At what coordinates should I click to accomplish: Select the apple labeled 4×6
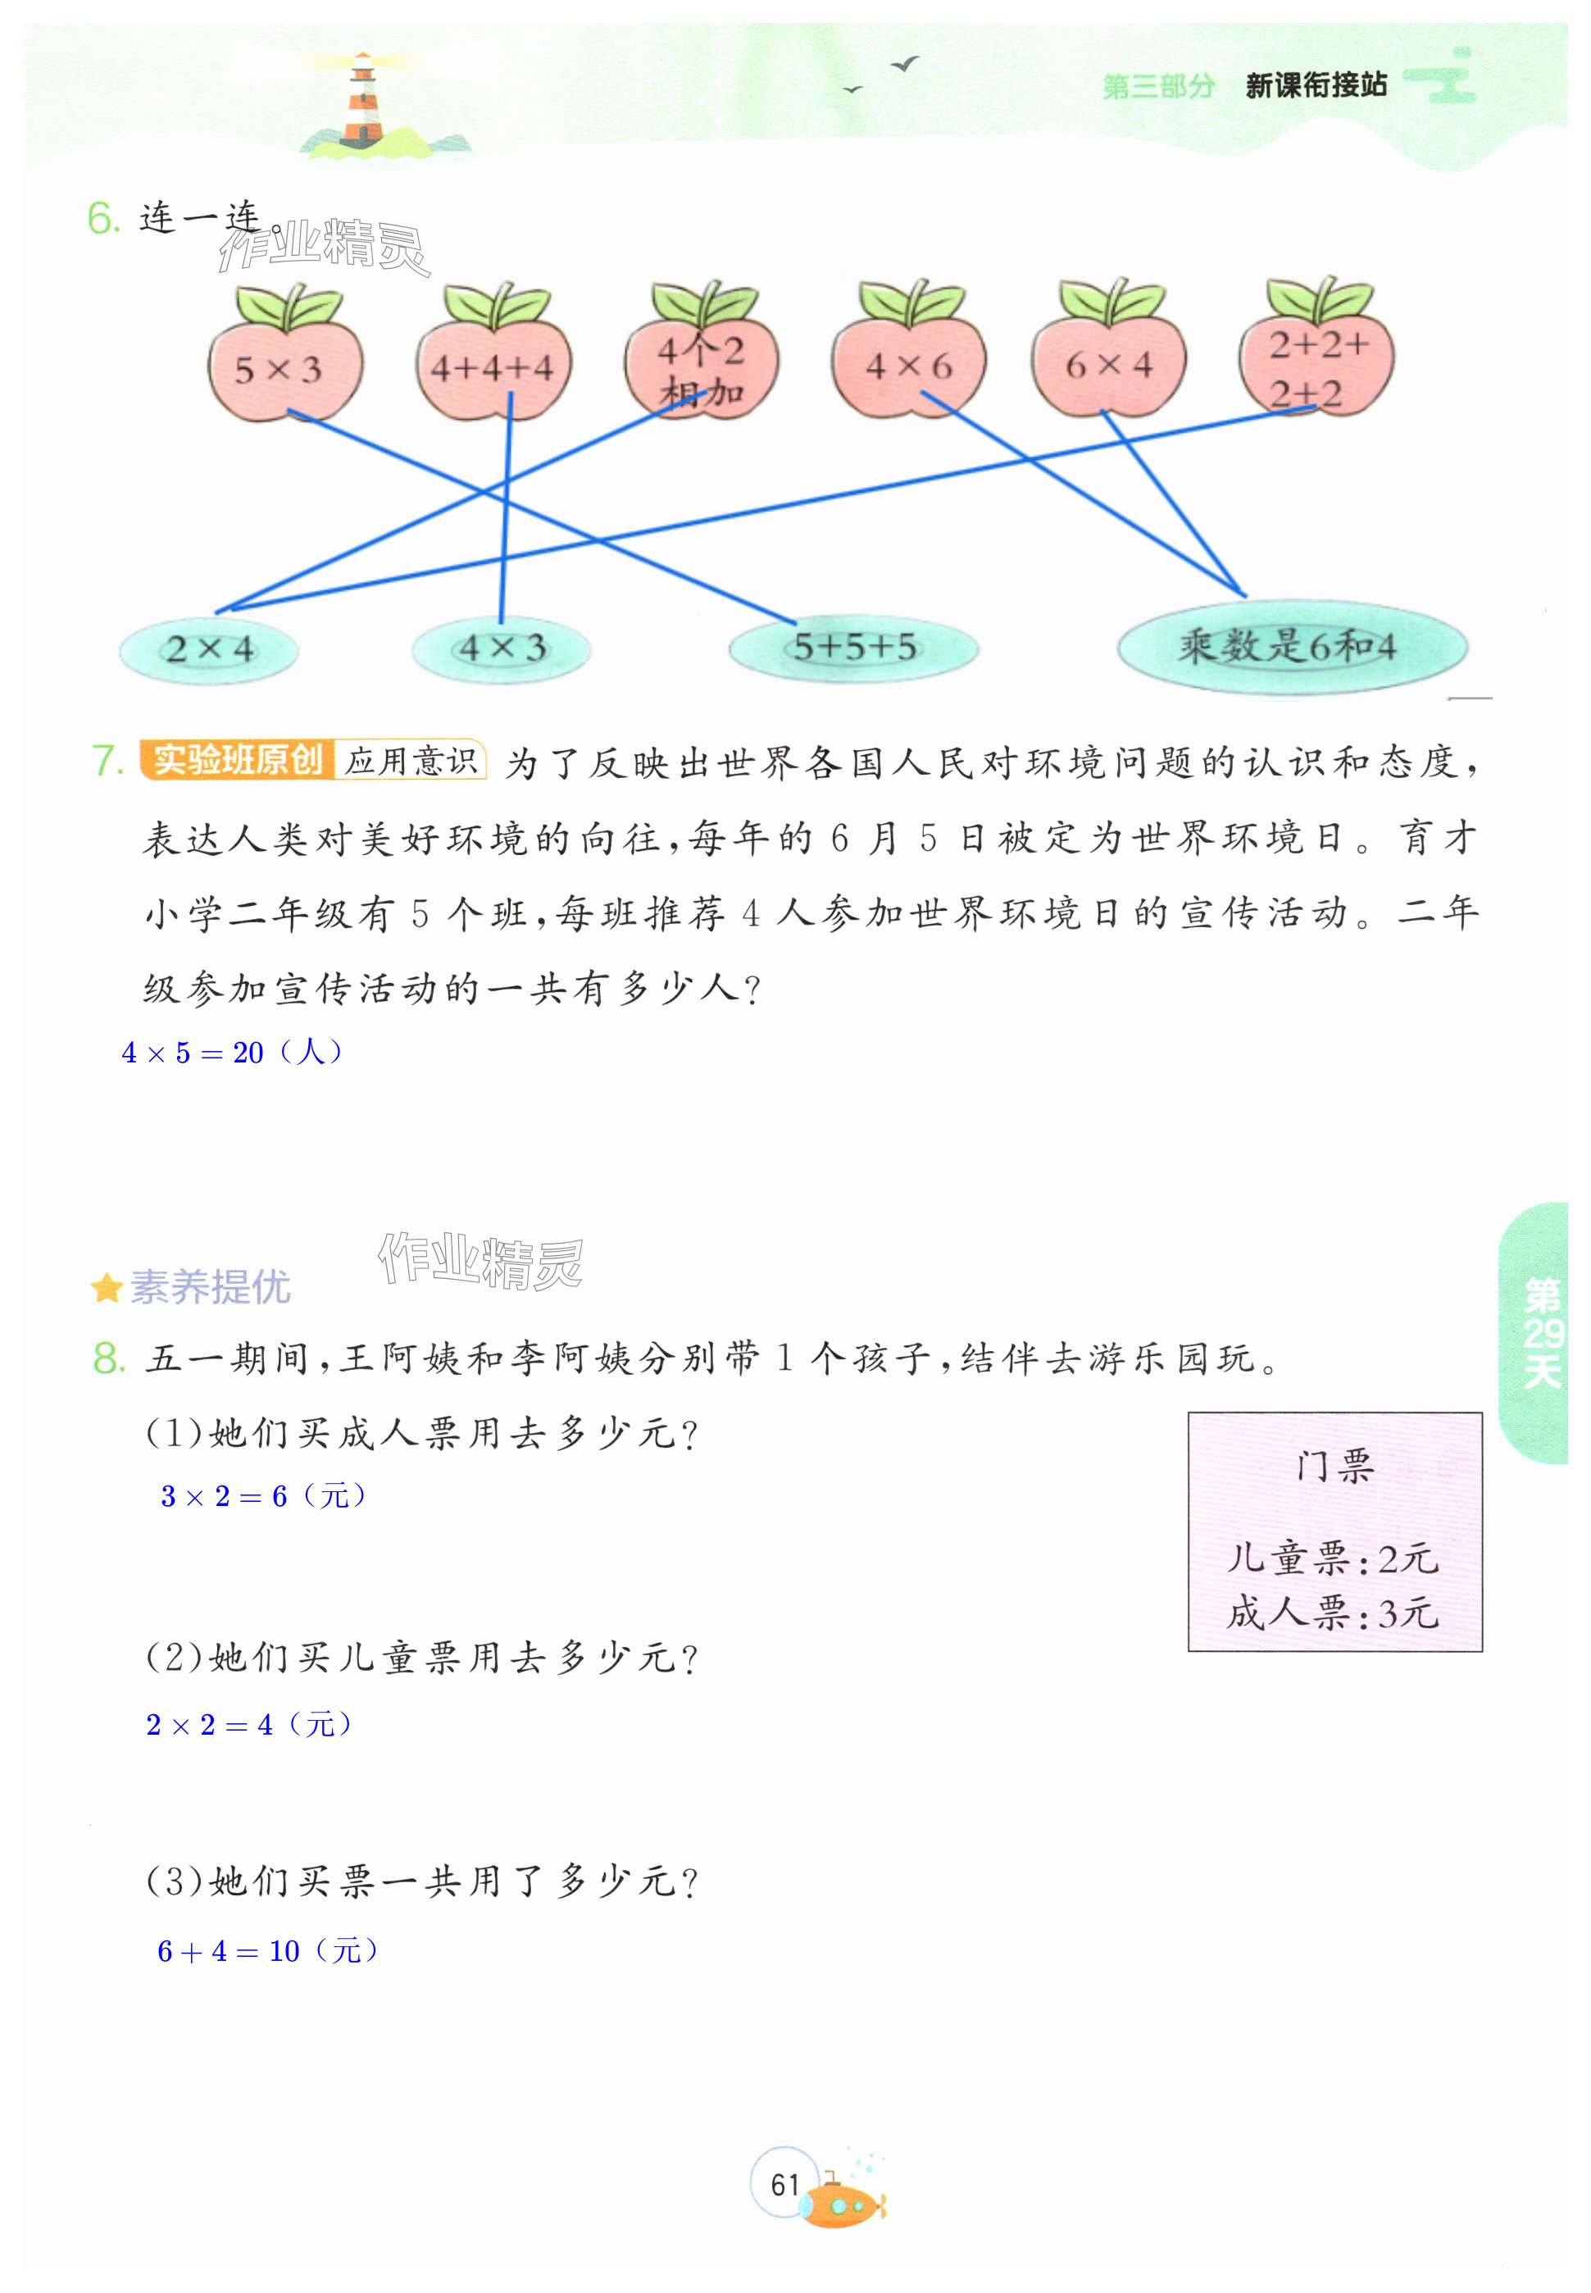pos(908,365)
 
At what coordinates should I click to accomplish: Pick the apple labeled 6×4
pos(1108,365)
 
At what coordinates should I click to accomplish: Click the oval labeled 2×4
pos(208,650)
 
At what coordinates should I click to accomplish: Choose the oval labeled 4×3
pos(502,649)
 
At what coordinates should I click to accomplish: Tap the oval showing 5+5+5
pos(853,648)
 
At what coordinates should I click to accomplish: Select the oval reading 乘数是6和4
pos(1291,647)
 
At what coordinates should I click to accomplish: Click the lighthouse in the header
pos(363,100)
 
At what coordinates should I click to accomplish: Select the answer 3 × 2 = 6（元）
pos(263,1495)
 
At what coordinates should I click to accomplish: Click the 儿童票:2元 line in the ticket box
pos(1333,1558)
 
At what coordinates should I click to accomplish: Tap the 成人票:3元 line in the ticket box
pos(1333,1612)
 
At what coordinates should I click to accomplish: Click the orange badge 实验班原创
pos(237,760)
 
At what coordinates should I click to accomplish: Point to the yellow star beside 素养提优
pos(106,1288)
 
